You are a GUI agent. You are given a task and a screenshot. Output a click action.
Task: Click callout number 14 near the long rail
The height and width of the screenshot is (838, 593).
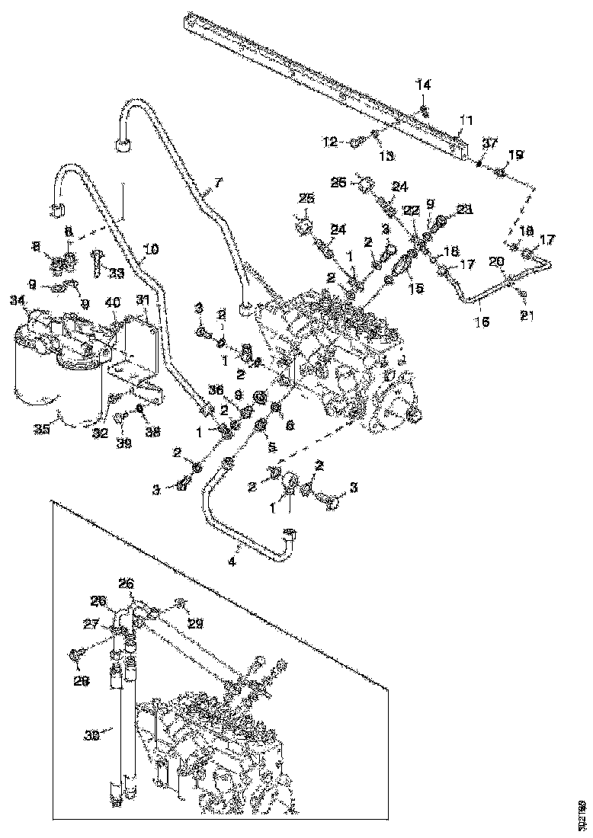[x=423, y=85]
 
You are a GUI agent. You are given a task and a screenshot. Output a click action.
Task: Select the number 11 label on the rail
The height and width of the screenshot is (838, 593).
[x=466, y=120]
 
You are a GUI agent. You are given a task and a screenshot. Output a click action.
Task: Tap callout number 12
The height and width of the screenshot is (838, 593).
[x=331, y=141]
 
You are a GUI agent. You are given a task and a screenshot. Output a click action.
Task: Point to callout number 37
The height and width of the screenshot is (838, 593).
[x=490, y=142]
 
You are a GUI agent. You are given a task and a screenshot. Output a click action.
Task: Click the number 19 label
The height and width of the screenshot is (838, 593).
[x=517, y=155]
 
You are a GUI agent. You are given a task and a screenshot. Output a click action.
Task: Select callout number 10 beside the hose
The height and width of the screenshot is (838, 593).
[x=151, y=249]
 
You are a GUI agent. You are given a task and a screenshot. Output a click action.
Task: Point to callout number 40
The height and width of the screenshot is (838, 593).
[x=112, y=302]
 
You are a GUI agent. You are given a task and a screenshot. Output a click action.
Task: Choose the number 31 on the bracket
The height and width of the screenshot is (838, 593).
[x=143, y=299]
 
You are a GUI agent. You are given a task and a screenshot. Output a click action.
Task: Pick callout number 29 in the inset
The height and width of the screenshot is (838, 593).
[x=196, y=623]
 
